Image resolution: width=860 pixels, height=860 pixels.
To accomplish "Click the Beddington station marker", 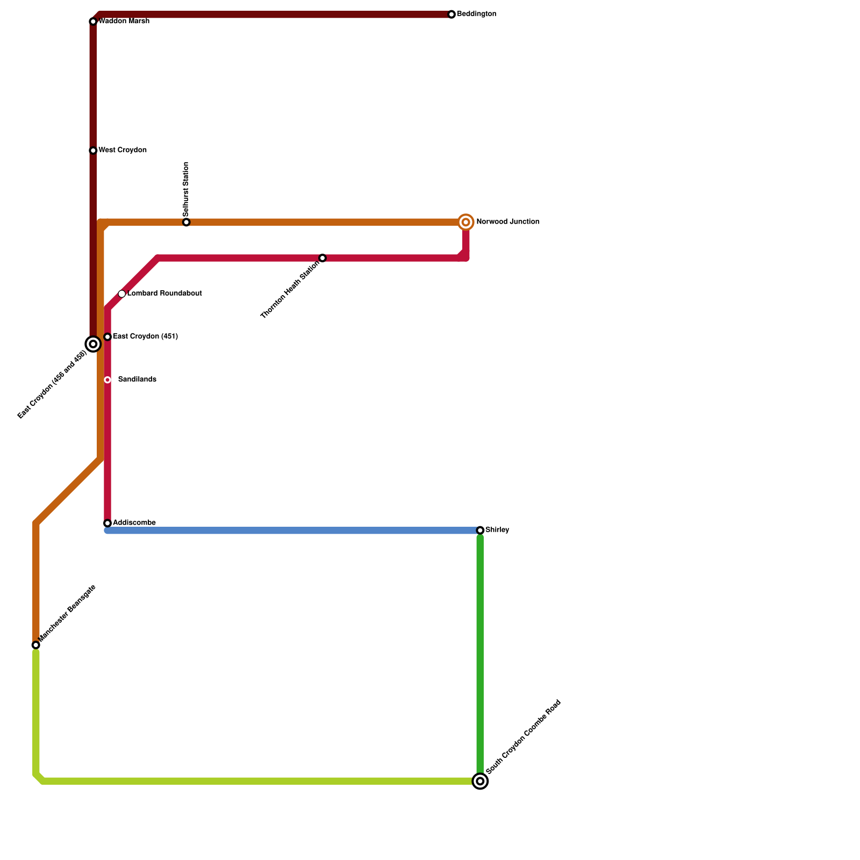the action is click(451, 15).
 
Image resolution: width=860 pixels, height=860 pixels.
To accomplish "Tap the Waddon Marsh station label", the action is click(124, 21).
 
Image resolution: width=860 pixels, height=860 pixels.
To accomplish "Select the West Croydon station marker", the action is click(93, 150).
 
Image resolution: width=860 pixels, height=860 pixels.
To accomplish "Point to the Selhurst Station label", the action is click(186, 189).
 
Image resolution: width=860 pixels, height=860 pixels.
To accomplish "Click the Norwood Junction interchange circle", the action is click(466, 222).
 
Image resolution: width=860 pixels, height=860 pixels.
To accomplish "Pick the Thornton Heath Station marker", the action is click(322, 258).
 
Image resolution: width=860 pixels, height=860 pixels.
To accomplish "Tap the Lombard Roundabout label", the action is click(164, 293).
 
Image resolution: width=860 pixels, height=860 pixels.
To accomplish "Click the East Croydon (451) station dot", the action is click(107, 337).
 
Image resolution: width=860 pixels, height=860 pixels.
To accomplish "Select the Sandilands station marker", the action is click(107, 380).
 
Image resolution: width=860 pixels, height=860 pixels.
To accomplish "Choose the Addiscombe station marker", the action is click(107, 523).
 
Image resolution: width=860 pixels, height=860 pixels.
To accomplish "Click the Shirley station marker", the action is click(480, 531).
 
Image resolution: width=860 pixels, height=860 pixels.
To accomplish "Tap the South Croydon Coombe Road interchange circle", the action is click(480, 781).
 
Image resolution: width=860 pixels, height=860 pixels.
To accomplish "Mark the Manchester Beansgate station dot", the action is click(36, 645).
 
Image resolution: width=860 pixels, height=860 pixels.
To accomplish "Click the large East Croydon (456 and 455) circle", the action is click(93, 344).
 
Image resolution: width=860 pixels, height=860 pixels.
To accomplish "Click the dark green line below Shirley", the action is click(480, 656).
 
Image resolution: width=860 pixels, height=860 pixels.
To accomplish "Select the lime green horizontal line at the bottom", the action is click(258, 781).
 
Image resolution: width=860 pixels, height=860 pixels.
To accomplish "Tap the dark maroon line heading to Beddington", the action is click(269, 15).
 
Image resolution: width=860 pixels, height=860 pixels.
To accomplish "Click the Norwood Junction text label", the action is click(507, 222).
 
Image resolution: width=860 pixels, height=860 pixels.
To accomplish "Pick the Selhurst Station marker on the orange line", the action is click(186, 223).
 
